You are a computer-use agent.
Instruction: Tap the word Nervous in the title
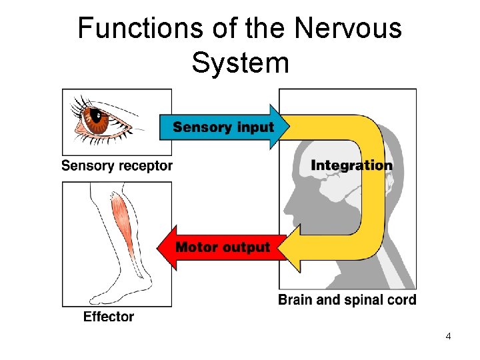348,29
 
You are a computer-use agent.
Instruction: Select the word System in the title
240,63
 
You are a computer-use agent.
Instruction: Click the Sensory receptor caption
117,166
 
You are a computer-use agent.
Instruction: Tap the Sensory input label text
223,127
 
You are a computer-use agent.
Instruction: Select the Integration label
351,165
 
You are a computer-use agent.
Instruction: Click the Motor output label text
223,247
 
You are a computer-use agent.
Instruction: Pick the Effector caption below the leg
109,317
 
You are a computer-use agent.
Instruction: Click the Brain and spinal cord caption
347,300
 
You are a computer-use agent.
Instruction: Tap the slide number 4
448,336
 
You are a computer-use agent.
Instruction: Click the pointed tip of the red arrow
159,247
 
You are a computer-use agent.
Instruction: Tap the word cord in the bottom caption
401,300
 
